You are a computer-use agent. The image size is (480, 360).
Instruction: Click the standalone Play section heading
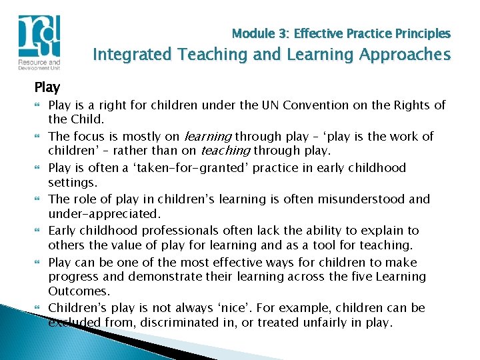click(47, 87)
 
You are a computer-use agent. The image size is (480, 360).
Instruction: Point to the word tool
click(341, 245)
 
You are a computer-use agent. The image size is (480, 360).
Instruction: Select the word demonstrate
click(161, 276)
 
